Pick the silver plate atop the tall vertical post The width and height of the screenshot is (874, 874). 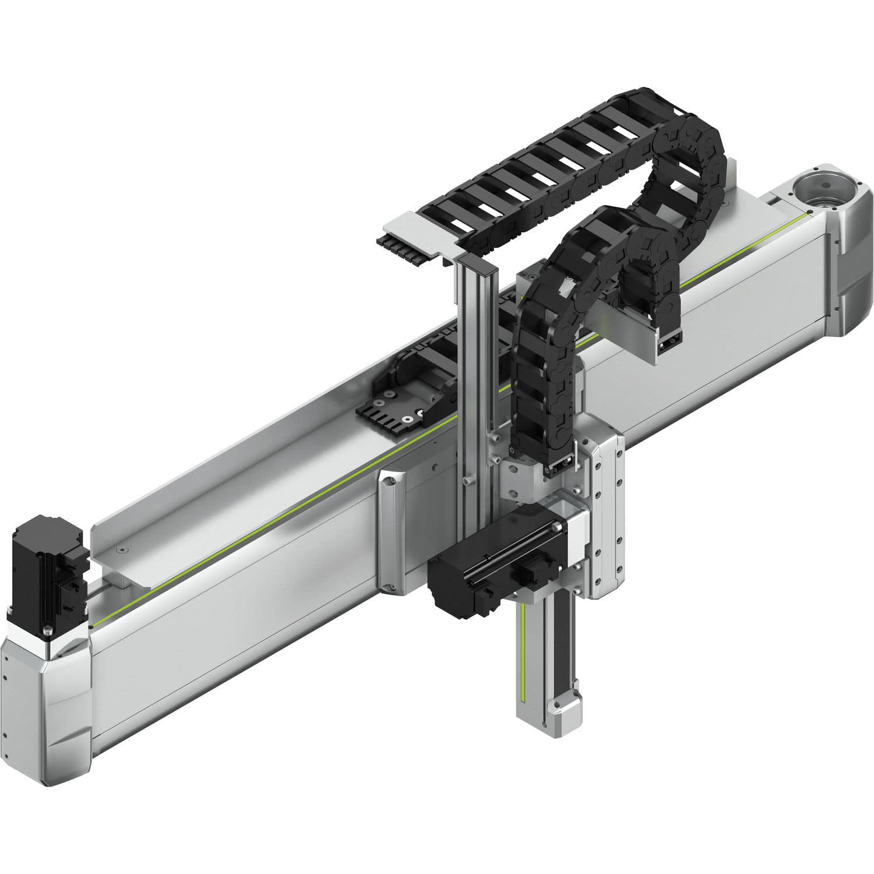click(x=417, y=233)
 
